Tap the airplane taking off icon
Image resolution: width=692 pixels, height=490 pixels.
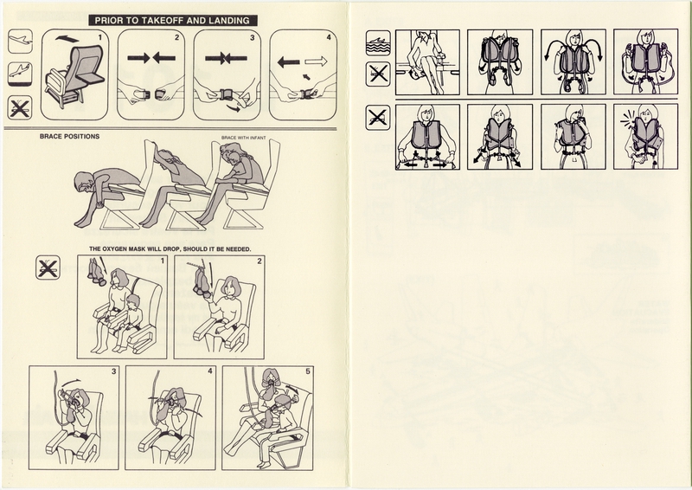(x=20, y=42)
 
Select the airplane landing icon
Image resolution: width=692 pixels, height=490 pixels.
(x=20, y=74)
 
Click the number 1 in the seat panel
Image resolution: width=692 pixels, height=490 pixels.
(x=100, y=37)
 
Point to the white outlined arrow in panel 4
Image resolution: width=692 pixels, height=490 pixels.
(x=316, y=61)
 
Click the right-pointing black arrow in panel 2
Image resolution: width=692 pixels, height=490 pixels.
(x=138, y=58)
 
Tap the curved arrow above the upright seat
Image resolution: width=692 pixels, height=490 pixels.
(x=67, y=39)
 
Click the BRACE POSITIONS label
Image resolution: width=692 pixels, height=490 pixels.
(x=69, y=137)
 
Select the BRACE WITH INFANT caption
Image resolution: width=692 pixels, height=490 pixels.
(x=243, y=138)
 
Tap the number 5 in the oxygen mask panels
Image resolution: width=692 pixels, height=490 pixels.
(x=308, y=371)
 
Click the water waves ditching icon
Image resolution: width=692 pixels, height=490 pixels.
(x=378, y=42)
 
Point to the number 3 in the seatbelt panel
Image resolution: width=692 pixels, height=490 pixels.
(x=253, y=37)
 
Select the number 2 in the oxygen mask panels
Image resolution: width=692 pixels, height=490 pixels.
(x=259, y=261)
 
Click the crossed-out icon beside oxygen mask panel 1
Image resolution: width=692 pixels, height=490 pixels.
(x=48, y=268)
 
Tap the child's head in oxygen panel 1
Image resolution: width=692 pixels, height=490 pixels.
(x=132, y=302)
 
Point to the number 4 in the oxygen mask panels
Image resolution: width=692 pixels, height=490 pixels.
(x=210, y=371)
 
